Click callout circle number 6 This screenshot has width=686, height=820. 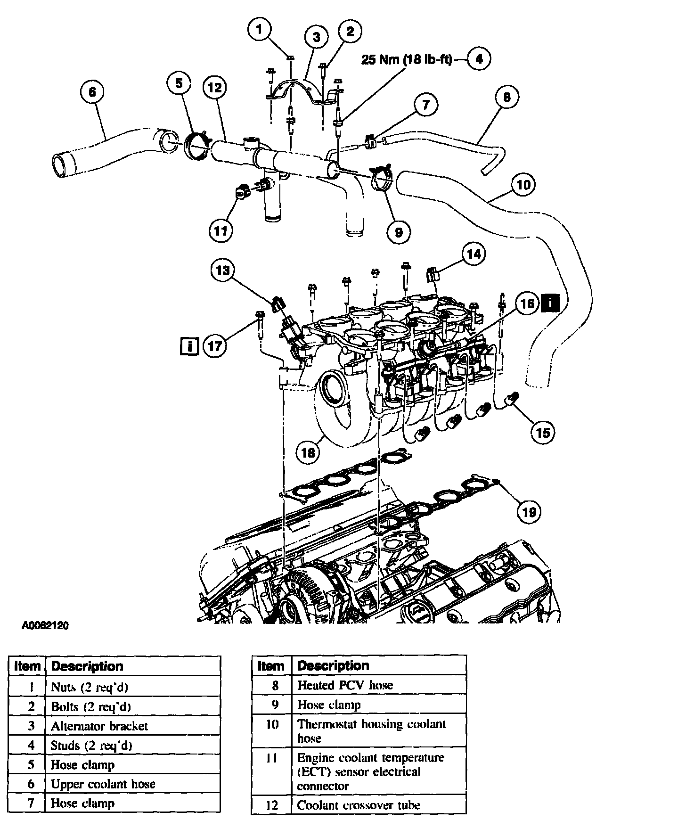(92, 91)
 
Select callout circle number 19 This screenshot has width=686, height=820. (530, 512)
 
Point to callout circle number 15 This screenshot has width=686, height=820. (543, 433)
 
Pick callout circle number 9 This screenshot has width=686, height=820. (399, 232)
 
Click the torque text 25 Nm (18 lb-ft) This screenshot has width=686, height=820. (407, 60)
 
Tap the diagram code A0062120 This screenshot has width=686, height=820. (45, 626)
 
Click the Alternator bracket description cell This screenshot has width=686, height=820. (133, 726)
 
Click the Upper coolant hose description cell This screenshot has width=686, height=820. (133, 784)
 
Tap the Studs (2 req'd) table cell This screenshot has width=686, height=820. (133, 746)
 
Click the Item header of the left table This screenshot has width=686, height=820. (27, 666)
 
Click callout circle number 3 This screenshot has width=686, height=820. (316, 37)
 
